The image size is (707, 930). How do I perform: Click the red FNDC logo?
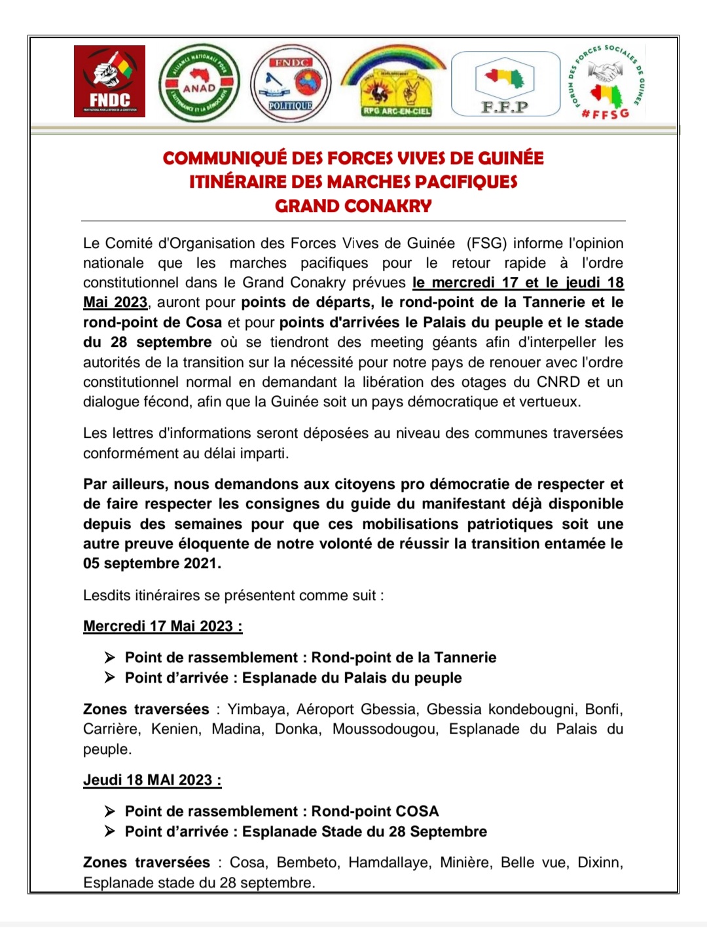[109, 81]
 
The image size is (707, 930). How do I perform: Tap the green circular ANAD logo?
[199, 83]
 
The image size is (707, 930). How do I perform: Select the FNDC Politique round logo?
[291, 82]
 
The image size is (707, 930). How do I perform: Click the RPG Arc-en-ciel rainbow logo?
[395, 82]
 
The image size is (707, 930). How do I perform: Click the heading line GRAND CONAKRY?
[353, 206]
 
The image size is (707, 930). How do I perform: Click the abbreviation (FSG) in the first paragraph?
[486, 243]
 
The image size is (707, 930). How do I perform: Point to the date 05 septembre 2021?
[152, 563]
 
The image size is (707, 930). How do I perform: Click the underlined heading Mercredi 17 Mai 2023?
[162, 626]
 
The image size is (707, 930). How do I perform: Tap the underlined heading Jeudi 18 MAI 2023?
[152, 780]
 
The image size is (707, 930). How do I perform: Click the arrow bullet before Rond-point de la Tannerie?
[110, 657]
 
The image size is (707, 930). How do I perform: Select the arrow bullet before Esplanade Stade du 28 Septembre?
[110, 831]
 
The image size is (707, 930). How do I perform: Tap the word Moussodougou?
[384, 729]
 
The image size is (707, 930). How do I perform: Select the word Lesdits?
[107, 596]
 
